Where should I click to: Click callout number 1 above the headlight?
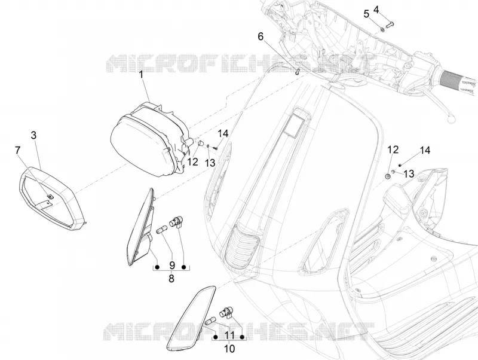[x=142, y=74]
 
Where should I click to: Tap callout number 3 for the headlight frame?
[x=33, y=135]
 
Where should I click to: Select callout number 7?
[x=18, y=151]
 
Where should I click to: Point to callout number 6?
[x=261, y=36]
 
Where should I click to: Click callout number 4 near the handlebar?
[x=376, y=10]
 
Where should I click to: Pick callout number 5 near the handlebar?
[x=366, y=14]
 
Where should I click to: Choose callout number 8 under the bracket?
[x=171, y=278]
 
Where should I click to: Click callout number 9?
[x=171, y=264]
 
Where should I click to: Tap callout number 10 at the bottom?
[x=230, y=349]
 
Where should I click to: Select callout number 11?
[x=229, y=335]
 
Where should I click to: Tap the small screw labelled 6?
[x=298, y=72]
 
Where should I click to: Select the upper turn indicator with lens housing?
[x=140, y=229]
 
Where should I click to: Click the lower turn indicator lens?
[x=191, y=318]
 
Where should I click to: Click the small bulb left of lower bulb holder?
[x=211, y=321]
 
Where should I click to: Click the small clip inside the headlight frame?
[x=50, y=197]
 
